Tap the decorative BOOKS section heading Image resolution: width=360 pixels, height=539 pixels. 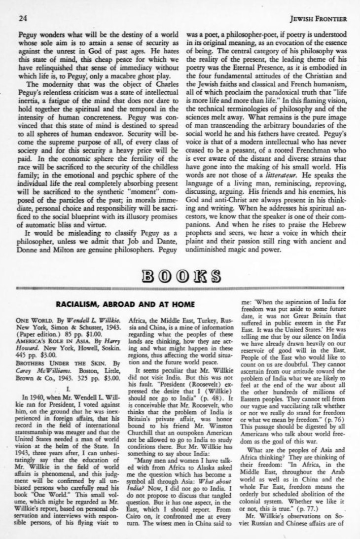coord(180,274)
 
